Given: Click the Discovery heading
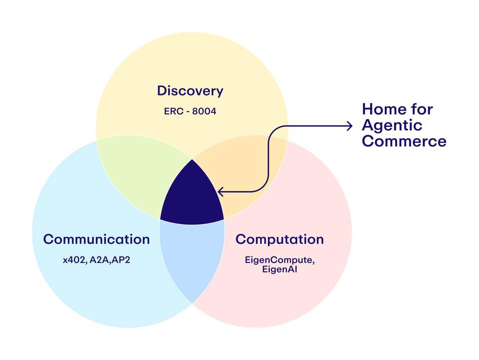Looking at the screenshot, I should [x=190, y=91].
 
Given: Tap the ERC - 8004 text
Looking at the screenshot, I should [x=190, y=111].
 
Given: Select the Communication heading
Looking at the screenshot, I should [x=96, y=239].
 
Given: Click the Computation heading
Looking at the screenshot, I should [x=279, y=239].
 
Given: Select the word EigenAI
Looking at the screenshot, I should [x=279, y=270].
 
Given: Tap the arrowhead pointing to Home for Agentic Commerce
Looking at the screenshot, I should [x=350, y=126].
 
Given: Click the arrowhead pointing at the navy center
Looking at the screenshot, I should [x=221, y=192].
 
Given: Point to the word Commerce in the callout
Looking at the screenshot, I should [x=404, y=141].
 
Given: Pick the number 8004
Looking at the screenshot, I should [x=204, y=111].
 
